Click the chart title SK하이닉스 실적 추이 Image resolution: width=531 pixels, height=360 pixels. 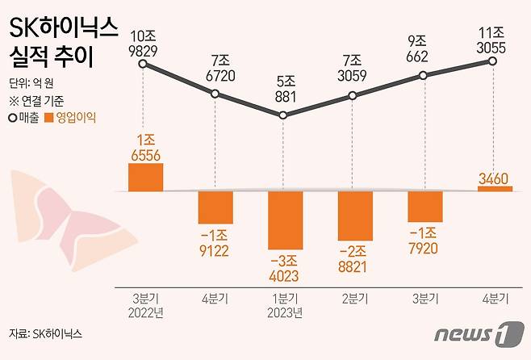[x=61, y=45]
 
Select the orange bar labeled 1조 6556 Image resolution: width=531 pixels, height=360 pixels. [x=145, y=177]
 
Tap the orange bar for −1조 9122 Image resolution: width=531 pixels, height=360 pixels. [x=215, y=207]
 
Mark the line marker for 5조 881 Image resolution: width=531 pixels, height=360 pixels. [x=283, y=115]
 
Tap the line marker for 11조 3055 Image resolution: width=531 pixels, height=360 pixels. [x=491, y=61]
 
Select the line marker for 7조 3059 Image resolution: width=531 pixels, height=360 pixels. [x=353, y=96]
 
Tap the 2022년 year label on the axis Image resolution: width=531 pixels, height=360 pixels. [x=145, y=312]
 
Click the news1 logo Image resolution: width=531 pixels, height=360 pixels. [x=474, y=333]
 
